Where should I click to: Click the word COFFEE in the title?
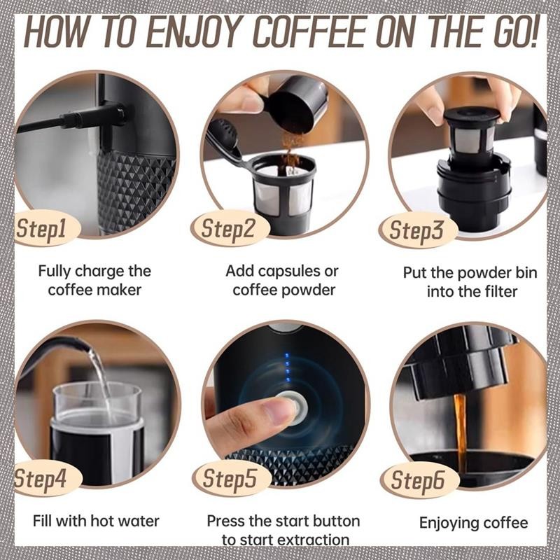click(311, 31)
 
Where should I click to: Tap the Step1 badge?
click(45, 228)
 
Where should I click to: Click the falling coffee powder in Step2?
click(291, 153)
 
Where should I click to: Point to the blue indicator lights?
click(287, 368)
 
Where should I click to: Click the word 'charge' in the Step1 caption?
click(100, 272)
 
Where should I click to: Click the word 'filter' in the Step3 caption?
click(501, 291)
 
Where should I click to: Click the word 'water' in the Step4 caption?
click(139, 521)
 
